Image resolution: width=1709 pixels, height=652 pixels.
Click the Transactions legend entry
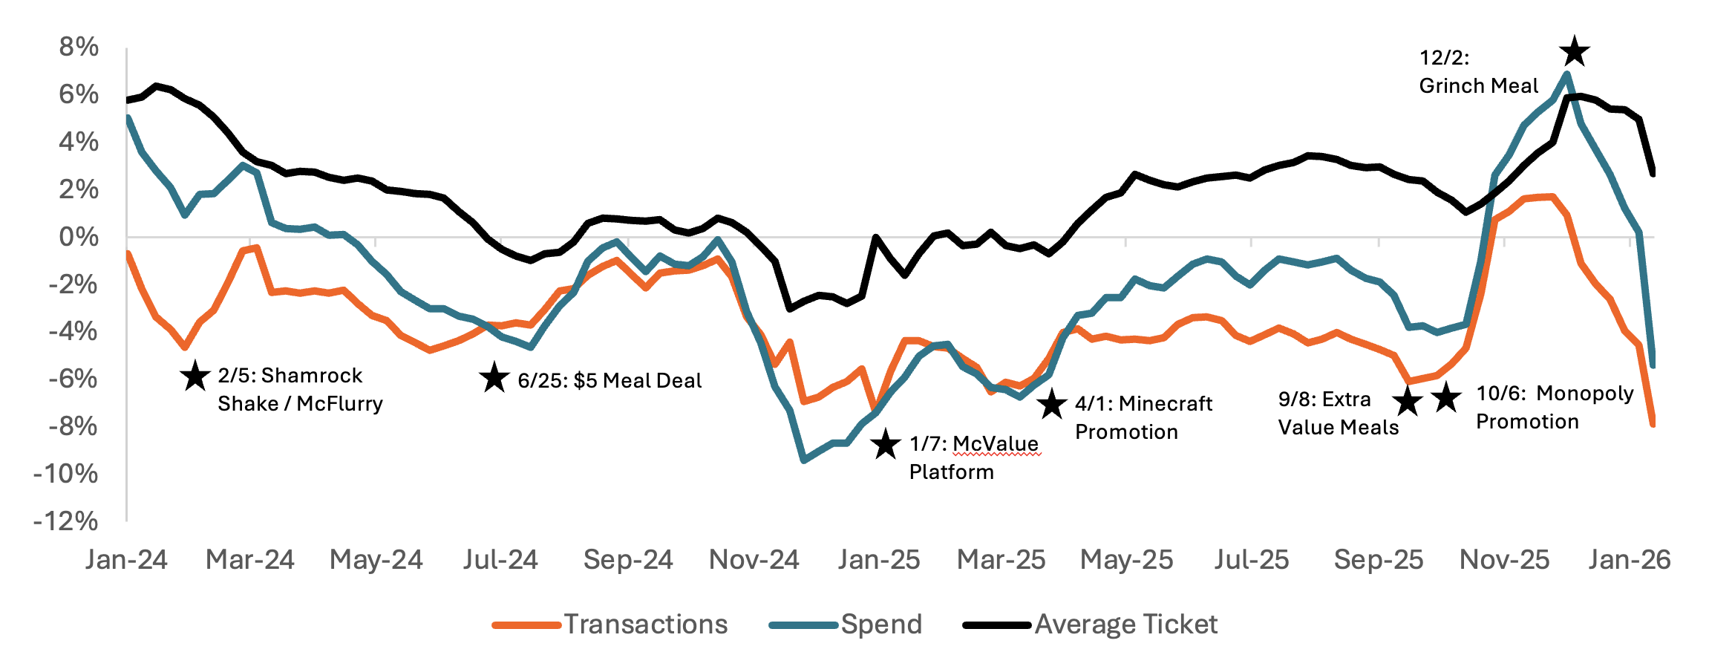pos(644,625)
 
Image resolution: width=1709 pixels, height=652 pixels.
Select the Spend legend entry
pos(880,625)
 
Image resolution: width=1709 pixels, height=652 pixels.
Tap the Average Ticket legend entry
pos(1125,625)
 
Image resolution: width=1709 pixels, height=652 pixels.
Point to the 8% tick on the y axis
pos(79,48)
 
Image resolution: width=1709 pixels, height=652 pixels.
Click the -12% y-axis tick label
pos(66,521)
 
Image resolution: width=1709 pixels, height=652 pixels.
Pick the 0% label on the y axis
pos(79,238)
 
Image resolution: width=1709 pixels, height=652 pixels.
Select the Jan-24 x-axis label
pos(126,560)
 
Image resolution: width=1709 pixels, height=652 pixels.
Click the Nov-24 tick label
pos(754,560)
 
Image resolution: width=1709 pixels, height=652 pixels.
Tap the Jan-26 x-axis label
pos(1629,560)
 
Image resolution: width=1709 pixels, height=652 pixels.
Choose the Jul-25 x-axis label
pos(1252,560)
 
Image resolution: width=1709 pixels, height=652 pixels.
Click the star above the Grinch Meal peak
pos(1574,53)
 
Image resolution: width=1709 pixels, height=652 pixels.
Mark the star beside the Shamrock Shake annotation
pos(195,376)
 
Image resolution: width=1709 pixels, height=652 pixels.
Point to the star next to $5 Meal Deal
pos(494,378)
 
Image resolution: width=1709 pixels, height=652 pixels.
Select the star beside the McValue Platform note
pos(886,445)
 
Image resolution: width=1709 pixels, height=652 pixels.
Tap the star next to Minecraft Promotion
pos(1051,405)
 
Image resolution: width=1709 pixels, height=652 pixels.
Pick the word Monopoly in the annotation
pos(1584,394)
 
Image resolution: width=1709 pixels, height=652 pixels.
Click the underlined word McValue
pos(996,444)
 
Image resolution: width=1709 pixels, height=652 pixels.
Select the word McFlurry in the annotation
pos(340,404)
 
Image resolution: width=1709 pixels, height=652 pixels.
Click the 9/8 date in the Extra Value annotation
pos(1293,400)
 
